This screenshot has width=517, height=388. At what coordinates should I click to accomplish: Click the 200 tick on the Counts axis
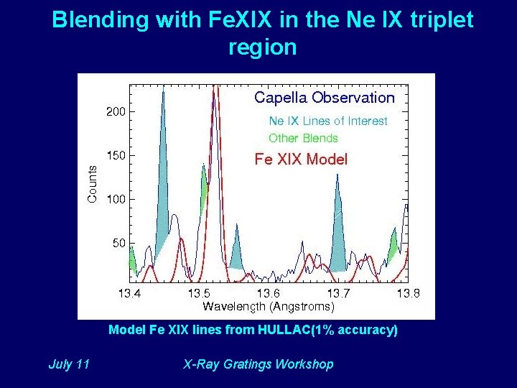tap(115, 112)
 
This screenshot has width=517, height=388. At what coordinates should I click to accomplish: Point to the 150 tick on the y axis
tap(115, 155)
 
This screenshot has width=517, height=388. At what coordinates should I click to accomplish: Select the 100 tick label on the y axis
tap(115, 199)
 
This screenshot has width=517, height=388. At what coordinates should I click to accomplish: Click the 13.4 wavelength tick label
tap(130, 293)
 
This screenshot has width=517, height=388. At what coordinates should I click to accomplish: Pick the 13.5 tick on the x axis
tap(199, 293)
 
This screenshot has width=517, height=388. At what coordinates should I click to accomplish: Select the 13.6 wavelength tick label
tap(269, 293)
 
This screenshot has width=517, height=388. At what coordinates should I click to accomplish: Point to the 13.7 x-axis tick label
tap(338, 293)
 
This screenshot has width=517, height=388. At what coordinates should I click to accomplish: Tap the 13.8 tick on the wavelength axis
tap(408, 293)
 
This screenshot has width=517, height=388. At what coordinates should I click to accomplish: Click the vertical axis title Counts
tap(92, 183)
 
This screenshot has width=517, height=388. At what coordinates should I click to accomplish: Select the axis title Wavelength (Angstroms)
tap(268, 307)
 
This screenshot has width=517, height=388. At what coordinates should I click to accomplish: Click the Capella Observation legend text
tap(325, 98)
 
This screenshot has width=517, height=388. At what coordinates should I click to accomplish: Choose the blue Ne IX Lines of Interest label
tap(327, 121)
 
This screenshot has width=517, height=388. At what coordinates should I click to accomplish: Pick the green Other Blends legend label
tap(303, 138)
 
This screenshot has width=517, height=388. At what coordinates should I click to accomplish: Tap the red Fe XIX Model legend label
tap(301, 160)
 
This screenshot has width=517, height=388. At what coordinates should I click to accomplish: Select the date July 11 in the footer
tap(69, 364)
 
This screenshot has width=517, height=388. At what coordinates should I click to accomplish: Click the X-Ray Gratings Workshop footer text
tap(258, 364)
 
